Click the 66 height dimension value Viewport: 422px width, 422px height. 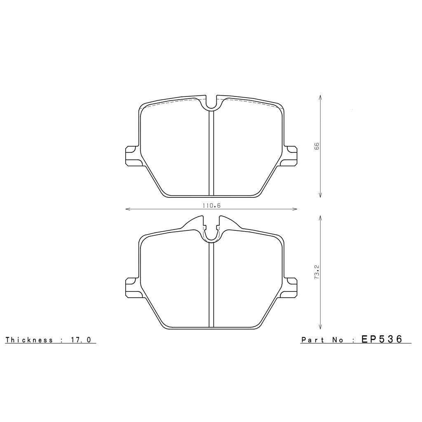[x=317, y=146]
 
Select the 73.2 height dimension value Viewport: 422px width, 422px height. [x=317, y=273]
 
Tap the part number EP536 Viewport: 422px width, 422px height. [x=382, y=339]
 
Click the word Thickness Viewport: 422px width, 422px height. [x=29, y=340]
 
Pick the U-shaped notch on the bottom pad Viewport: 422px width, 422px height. [x=211, y=235]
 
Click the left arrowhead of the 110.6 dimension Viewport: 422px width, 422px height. [x=127, y=209]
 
